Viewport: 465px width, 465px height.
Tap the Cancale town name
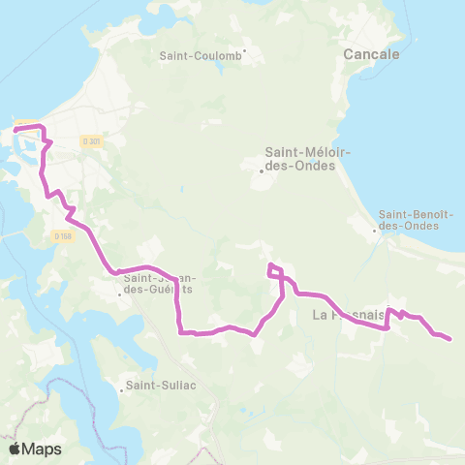(x=372, y=55)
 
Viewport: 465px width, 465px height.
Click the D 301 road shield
(x=92, y=141)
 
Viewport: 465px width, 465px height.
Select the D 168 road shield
(x=62, y=236)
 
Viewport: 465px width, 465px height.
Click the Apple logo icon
(x=15, y=449)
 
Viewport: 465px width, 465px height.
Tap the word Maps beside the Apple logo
(x=42, y=449)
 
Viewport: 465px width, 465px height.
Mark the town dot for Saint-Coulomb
(x=246, y=50)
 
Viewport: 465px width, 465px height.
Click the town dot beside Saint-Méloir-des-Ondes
(x=262, y=172)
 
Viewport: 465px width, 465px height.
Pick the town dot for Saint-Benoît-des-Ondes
(x=376, y=231)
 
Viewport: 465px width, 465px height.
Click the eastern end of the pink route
(x=449, y=339)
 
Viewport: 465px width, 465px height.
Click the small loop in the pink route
(x=274, y=270)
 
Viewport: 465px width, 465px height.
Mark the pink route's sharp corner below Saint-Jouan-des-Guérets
(x=181, y=332)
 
